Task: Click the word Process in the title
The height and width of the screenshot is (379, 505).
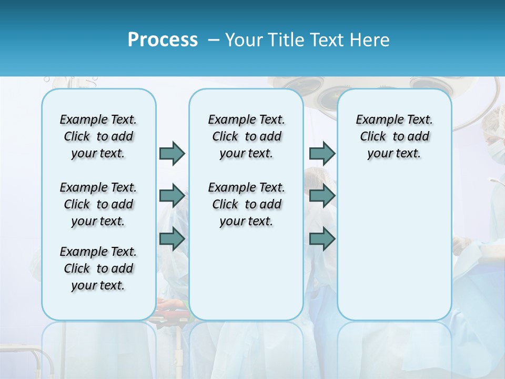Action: pyautogui.click(x=163, y=40)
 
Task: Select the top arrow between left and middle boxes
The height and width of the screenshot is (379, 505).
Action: pyautogui.click(x=171, y=153)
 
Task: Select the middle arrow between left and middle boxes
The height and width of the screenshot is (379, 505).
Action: pyautogui.click(x=171, y=196)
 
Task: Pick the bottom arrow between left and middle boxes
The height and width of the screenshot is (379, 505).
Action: pyautogui.click(x=171, y=239)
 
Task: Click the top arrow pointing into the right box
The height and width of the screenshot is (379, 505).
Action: pyautogui.click(x=322, y=153)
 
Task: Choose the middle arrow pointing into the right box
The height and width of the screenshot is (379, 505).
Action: pyautogui.click(x=322, y=196)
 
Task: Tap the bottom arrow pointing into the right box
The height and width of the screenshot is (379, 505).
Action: pyautogui.click(x=322, y=239)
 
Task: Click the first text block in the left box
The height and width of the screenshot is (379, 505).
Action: pyautogui.click(x=98, y=136)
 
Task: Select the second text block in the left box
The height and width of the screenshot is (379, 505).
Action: pyautogui.click(x=98, y=204)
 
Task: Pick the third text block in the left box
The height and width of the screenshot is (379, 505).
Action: pyautogui.click(x=98, y=268)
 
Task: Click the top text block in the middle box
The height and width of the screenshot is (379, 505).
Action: pyautogui.click(x=246, y=136)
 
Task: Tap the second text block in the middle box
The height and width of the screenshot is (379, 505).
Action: pyautogui.click(x=246, y=204)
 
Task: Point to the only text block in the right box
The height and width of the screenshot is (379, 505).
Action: pyautogui.click(x=394, y=136)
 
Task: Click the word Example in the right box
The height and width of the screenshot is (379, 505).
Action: pyautogui.click(x=375, y=119)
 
